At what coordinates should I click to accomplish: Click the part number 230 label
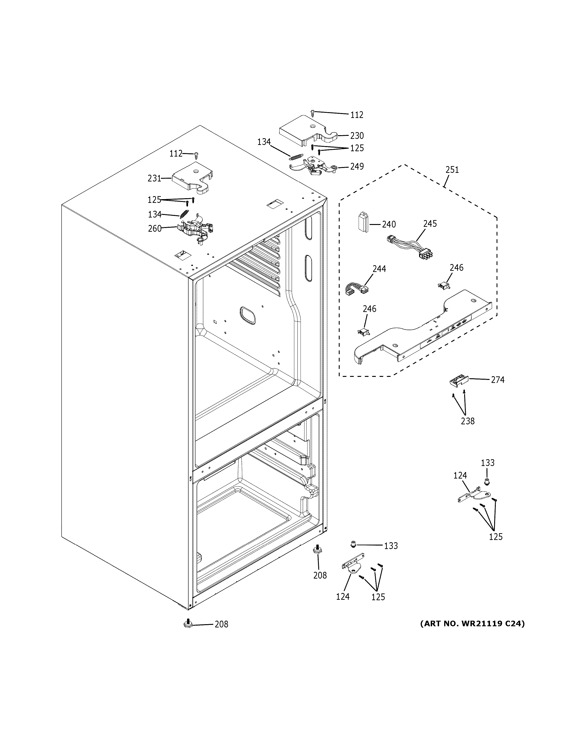(x=357, y=136)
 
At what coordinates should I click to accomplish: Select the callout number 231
(x=154, y=178)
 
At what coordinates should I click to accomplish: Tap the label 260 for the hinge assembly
(x=155, y=228)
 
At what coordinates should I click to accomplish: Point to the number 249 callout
(x=357, y=166)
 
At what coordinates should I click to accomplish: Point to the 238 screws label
(x=467, y=421)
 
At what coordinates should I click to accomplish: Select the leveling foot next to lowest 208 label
(x=188, y=623)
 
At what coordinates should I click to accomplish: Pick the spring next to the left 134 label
(x=184, y=214)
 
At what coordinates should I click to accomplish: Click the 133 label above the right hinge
(x=487, y=463)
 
